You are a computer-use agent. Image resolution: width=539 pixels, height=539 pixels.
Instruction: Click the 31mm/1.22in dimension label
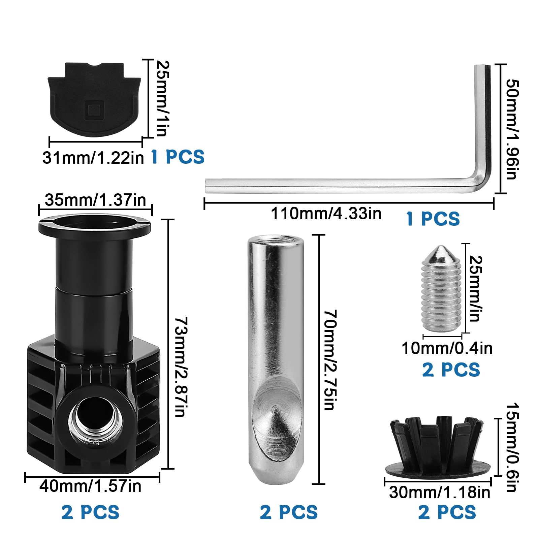93,157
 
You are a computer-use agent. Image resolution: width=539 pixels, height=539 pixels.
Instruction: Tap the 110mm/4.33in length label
326,214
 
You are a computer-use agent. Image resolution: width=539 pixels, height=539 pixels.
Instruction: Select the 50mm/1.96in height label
512,129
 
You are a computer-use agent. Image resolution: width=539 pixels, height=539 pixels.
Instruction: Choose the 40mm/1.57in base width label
90,486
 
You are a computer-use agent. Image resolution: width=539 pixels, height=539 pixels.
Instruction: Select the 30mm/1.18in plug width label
440,493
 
